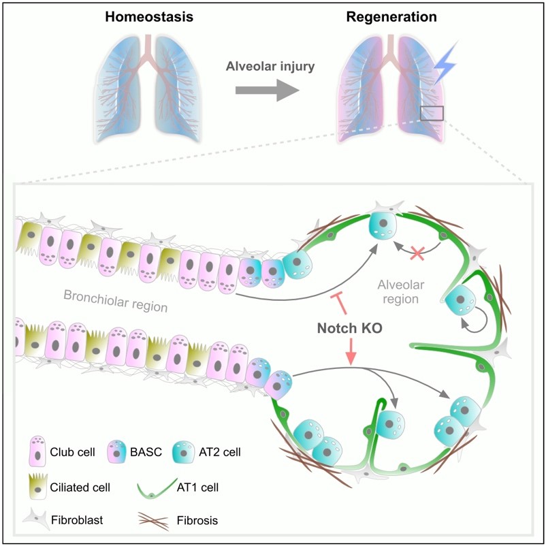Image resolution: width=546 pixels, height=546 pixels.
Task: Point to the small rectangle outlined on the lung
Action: click(x=432, y=113)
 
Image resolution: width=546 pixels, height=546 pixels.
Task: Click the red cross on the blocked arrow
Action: click(x=417, y=253)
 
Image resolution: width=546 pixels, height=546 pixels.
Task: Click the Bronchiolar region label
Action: click(x=116, y=300)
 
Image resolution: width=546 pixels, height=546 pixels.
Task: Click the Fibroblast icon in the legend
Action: click(x=36, y=519)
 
